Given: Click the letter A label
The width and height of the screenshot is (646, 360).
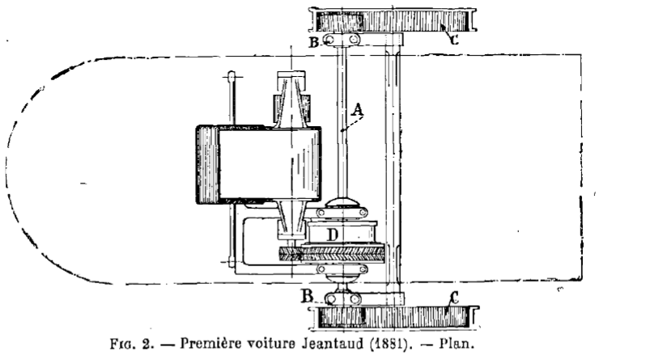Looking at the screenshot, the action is [358, 109].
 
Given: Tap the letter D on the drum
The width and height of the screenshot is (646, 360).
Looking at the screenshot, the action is [333, 235].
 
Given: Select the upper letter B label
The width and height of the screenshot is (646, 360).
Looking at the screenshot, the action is [314, 42].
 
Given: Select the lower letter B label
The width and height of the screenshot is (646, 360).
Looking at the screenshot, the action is [308, 296].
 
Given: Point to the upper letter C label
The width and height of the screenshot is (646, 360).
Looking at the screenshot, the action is [453, 40].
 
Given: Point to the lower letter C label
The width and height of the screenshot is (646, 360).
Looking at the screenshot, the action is [454, 298].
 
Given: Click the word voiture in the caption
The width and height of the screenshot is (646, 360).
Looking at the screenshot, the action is [270, 343].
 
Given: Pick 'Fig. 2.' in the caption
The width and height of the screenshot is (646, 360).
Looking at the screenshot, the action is [132, 344].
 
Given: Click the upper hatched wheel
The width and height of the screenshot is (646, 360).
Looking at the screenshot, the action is [393, 20].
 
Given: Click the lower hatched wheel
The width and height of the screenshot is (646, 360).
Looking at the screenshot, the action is [394, 318].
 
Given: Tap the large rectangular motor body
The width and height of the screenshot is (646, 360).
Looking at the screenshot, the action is [258, 164].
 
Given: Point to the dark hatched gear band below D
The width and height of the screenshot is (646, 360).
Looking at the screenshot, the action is [332, 254].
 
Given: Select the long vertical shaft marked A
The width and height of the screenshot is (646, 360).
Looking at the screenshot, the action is [342, 122].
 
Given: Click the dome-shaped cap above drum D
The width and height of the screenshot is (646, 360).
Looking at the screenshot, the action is [342, 203].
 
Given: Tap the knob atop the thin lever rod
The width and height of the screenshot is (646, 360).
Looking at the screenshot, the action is [232, 76].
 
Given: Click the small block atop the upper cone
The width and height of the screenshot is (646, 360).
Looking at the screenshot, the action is [291, 74].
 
